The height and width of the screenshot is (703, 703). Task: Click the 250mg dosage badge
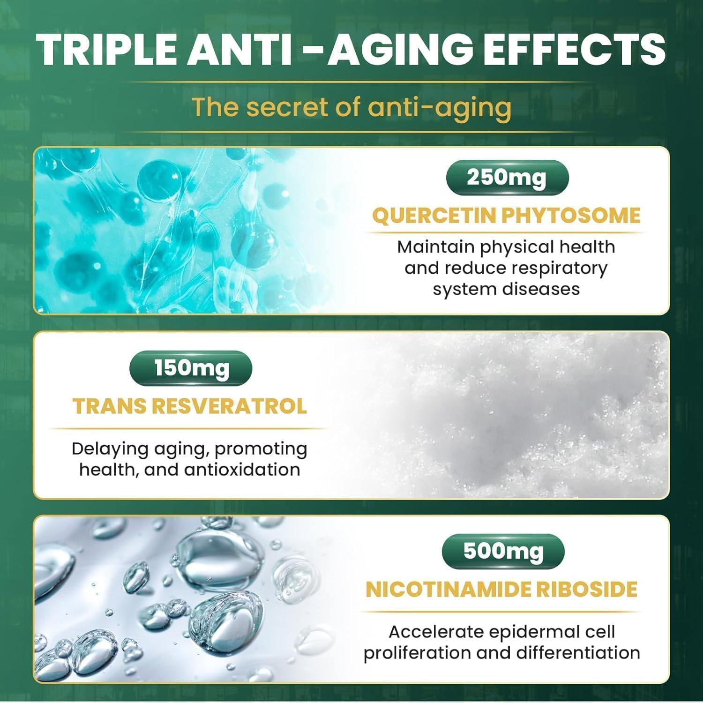point(507,178)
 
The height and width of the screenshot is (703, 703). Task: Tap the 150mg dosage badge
point(191,368)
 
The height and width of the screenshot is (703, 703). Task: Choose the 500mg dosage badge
point(503,551)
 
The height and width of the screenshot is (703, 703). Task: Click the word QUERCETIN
point(434,216)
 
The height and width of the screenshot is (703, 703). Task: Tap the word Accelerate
point(436,632)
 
